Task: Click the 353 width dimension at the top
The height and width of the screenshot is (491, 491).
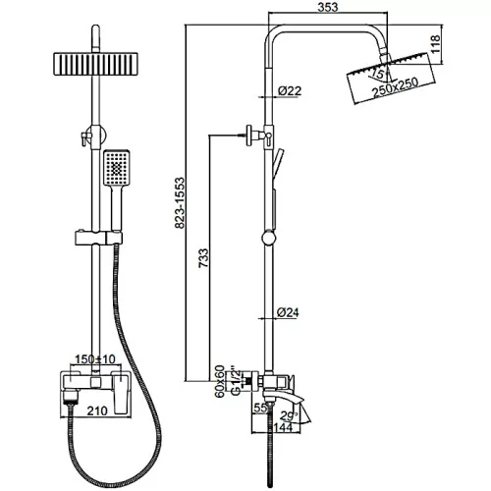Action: coord(328,7)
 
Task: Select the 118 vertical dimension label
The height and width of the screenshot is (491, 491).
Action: coord(435,44)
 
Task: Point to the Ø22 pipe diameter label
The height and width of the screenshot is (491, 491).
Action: coord(290,90)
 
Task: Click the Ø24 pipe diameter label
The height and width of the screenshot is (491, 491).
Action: coord(288,312)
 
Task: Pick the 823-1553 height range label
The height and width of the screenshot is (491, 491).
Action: coord(180,203)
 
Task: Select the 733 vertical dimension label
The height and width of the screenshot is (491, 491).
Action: coord(203,258)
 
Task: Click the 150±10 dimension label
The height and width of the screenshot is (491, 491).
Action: coord(95,359)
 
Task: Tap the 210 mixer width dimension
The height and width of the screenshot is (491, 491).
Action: coord(97,410)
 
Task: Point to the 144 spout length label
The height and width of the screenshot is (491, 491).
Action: coord(283,427)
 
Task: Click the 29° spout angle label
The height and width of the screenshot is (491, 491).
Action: coord(290,416)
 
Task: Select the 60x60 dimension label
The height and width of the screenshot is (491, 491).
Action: coord(219,381)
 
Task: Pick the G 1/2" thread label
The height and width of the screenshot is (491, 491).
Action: coord(236,382)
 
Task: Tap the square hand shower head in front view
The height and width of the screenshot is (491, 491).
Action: coord(117,168)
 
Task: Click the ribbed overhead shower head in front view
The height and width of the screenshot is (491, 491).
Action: coord(95,64)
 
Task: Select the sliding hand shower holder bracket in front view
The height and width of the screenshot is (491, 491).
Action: coord(98,238)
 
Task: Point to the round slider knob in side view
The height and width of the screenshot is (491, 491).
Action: coord(270,237)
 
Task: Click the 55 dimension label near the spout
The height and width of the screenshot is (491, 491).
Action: coord(261,408)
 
